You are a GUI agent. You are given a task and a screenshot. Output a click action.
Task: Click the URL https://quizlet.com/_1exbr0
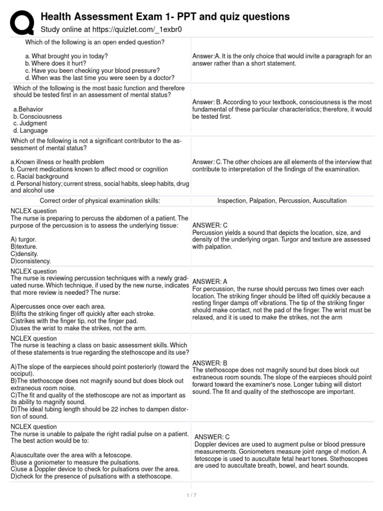[111, 29]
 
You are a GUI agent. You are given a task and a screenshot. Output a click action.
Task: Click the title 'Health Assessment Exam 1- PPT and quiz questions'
[165, 16]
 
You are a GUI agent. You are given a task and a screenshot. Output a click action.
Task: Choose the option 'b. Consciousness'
[38, 116]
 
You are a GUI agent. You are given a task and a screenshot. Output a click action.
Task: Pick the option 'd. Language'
[30, 131]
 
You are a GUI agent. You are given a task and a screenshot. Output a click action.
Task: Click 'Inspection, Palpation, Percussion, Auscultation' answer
[282, 201]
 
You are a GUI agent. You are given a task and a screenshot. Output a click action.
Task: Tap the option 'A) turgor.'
[24, 239]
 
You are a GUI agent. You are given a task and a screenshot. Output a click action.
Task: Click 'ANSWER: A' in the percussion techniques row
[209, 281]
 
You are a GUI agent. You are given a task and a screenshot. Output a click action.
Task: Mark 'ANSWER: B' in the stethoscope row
[209, 363]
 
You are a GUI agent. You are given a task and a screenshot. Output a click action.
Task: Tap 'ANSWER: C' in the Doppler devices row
[212, 437]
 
